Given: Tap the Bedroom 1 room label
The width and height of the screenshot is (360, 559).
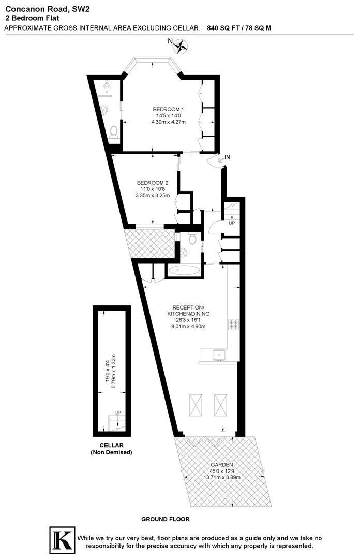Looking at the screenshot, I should [x=168, y=109].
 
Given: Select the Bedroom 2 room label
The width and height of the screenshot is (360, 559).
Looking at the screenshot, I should [x=153, y=183].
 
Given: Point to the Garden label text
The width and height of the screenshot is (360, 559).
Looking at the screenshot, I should [x=221, y=464].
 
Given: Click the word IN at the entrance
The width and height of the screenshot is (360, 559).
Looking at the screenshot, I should [x=228, y=157].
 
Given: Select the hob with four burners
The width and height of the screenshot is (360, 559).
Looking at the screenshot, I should [x=233, y=325].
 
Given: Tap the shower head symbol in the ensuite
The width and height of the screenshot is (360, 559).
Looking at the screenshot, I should [x=107, y=83].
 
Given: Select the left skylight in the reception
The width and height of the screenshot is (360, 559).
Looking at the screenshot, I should [x=196, y=404].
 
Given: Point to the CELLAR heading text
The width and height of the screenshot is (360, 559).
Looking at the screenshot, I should [x=111, y=445].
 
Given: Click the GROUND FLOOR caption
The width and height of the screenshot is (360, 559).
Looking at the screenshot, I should [x=166, y=519].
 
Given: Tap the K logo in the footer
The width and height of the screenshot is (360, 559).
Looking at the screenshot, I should [x=61, y=540].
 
